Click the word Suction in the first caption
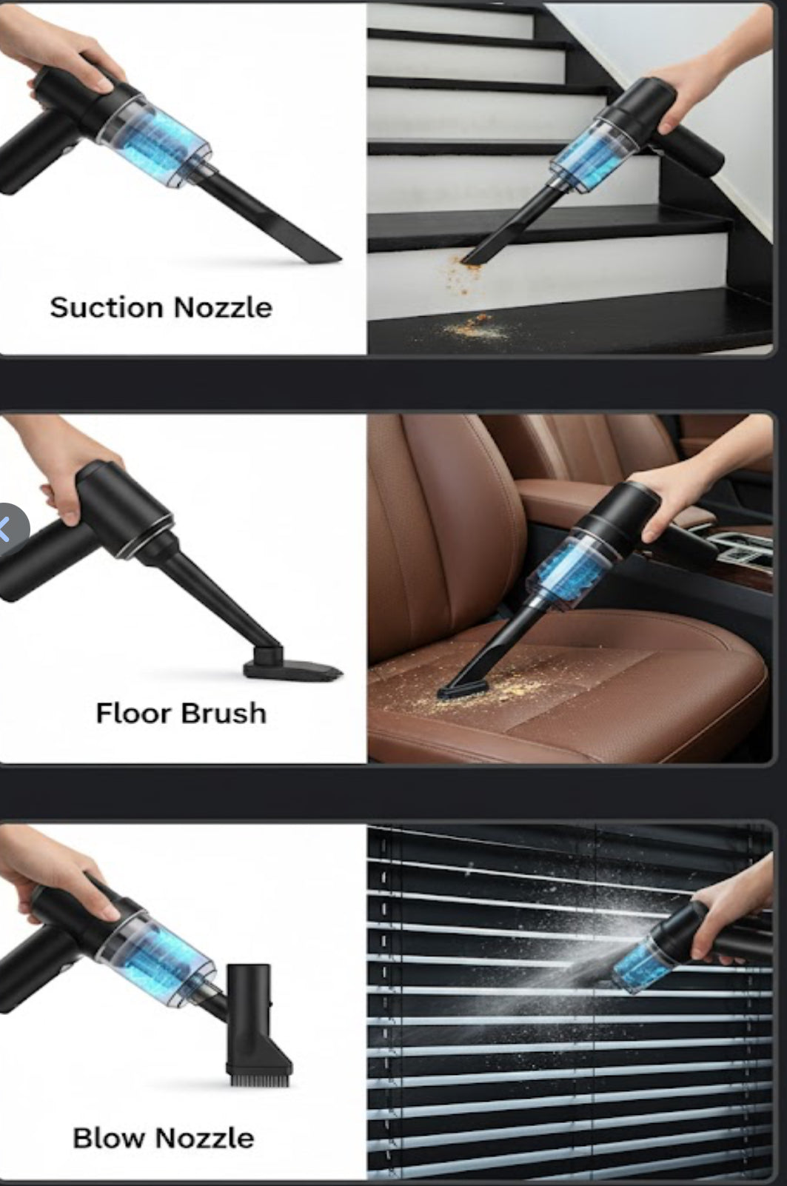106,308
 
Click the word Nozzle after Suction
223,308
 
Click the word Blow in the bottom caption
109,1139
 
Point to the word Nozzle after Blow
204,1139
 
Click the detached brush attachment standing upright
258,1025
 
